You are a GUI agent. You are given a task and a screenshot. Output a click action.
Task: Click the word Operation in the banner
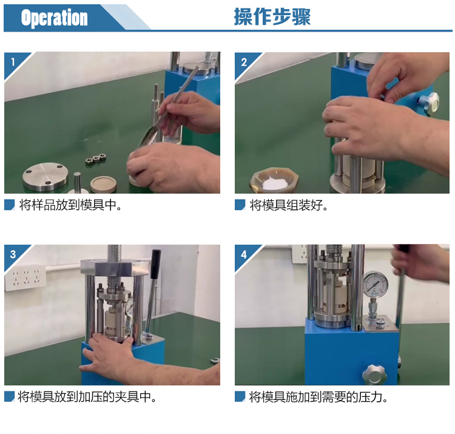54,18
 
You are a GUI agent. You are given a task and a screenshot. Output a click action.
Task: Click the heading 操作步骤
272,16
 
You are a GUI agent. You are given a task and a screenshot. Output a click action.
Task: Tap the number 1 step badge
13,62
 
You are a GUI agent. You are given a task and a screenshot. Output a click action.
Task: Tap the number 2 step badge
244,62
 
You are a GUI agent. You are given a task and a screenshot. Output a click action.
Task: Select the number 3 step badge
13,254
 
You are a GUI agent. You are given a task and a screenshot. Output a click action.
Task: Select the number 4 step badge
244,254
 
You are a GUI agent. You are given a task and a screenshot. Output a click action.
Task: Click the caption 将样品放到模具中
70,205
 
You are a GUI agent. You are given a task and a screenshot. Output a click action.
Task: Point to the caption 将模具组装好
289,205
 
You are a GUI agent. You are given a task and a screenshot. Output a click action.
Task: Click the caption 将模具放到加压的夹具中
87,396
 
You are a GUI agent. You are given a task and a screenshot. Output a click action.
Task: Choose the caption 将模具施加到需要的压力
318,397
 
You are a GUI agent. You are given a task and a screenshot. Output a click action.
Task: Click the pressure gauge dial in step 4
375,284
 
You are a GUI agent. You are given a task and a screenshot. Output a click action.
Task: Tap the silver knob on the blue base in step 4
374,374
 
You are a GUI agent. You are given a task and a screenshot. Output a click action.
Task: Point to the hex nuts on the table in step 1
95,159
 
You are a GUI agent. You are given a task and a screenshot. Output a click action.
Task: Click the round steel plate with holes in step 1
45,175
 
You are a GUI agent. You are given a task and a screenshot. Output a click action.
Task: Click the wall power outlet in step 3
25,277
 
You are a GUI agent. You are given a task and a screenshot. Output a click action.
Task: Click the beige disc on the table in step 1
103,184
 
